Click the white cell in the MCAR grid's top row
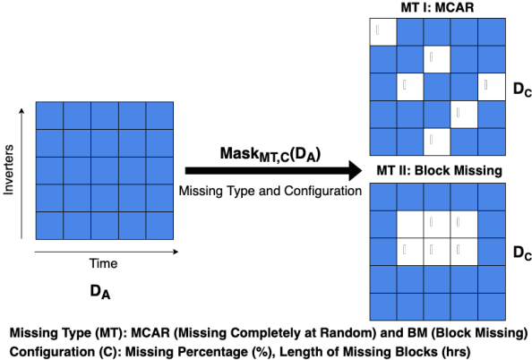[x=382, y=32]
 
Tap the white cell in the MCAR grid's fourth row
[x=464, y=114]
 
